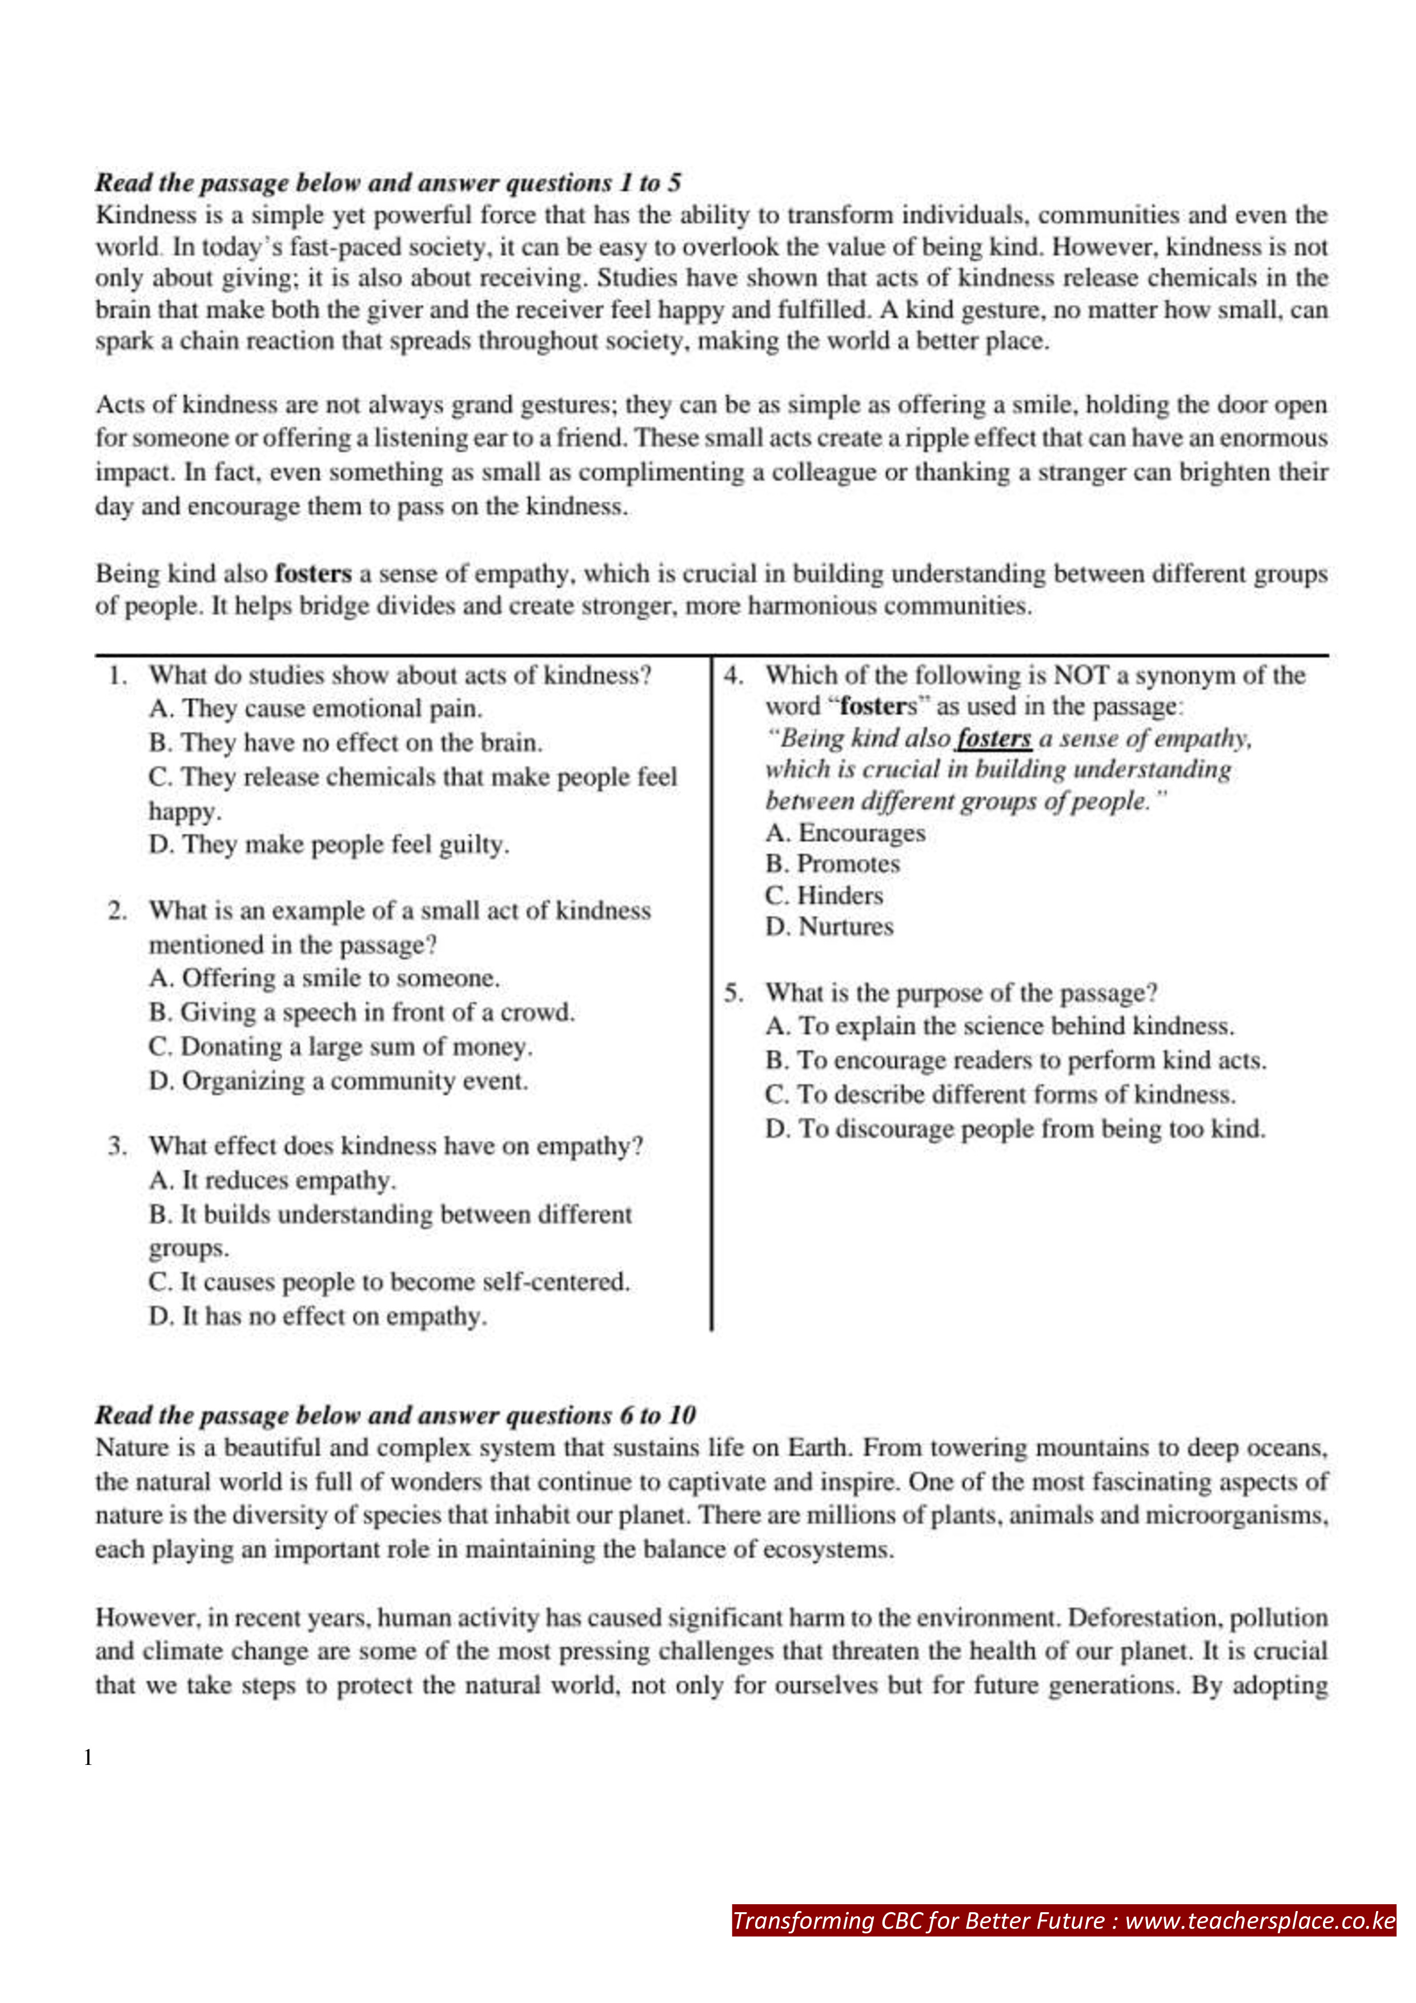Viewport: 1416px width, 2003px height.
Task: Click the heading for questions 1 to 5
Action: coord(388,183)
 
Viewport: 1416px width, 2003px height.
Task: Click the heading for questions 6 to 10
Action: coord(395,1415)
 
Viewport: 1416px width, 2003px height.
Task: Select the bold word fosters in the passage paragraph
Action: coord(312,574)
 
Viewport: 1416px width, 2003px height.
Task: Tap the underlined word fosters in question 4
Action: coord(994,739)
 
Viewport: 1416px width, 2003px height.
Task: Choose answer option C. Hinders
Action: coord(824,896)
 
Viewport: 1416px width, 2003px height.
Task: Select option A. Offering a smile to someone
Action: coord(324,979)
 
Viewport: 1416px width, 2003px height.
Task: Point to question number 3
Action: coord(118,1147)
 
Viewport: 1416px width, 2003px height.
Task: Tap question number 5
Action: coord(733,994)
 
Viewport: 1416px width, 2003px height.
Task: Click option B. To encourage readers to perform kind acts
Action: coord(1016,1061)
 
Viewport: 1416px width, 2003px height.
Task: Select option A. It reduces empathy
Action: coord(272,1180)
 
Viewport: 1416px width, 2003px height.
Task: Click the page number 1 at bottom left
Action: coord(88,1758)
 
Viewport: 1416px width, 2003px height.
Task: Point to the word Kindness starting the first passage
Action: coord(146,215)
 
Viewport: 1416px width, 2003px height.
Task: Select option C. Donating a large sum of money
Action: coord(340,1047)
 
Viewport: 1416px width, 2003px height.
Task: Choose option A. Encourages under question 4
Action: coord(845,833)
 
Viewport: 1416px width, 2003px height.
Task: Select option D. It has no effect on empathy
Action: coord(318,1317)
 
